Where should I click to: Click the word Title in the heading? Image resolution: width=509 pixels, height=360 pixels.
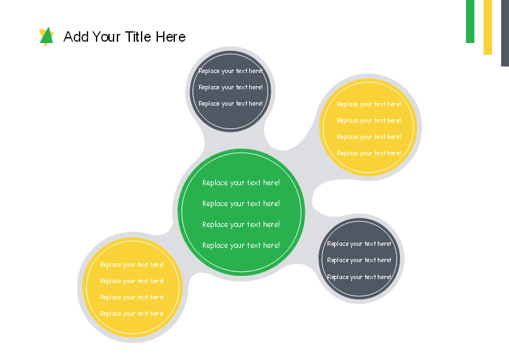click(138, 37)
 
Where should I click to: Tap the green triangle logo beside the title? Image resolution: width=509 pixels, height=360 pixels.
click(47, 36)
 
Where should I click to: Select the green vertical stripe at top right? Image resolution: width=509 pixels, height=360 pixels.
click(470, 22)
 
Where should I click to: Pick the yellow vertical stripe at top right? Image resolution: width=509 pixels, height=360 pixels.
click(487, 27)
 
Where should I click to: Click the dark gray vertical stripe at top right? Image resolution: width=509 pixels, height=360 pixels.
click(505, 33)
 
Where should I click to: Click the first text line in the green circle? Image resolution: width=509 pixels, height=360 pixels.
click(241, 183)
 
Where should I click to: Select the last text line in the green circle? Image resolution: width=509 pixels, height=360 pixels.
click(241, 245)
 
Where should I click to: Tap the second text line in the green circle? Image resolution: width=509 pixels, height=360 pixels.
click(241, 203)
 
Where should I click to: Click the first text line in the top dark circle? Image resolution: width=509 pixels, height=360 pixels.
click(230, 71)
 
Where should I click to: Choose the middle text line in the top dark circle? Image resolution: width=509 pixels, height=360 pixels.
click(230, 87)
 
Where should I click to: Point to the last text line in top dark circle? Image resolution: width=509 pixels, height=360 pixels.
click(230, 104)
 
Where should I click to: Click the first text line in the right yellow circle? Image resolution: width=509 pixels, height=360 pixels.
click(369, 104)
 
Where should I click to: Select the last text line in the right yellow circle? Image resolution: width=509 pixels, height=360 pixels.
click(369, 153)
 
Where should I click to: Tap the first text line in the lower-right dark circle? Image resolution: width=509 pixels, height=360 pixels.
click(359, 244)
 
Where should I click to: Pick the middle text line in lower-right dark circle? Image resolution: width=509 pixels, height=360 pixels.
click(359, 260)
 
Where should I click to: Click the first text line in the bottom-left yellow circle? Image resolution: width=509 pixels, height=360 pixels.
click(132, 265)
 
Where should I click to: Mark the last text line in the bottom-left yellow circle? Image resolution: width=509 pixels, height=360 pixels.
click(132, 314)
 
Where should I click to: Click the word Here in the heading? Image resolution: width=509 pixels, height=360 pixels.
click(170, 37)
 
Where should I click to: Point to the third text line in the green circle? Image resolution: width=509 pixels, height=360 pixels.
click(241, 224)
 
